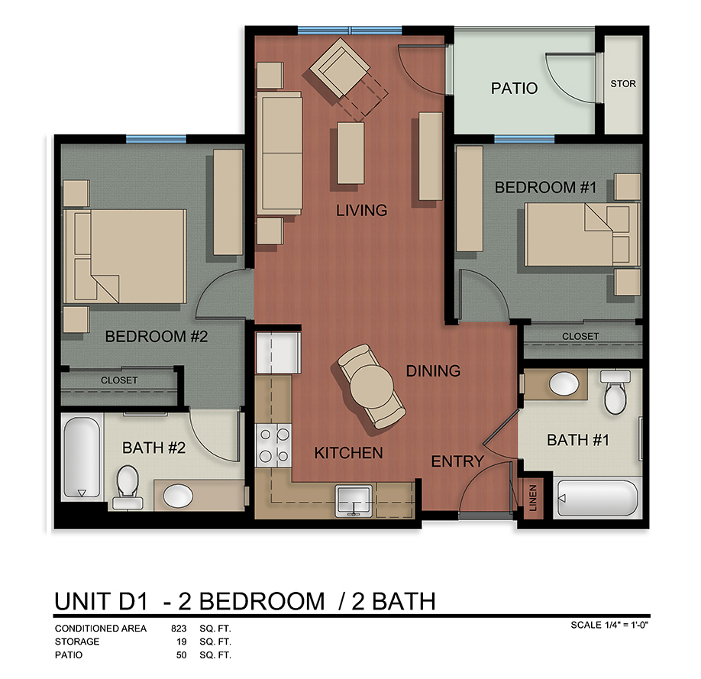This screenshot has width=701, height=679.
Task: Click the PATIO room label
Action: click(514, 88)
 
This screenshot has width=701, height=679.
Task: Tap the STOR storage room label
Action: click(622, 83)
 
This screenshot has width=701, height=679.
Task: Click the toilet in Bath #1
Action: click(614, 392)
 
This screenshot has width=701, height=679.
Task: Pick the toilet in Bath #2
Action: click(126, 487)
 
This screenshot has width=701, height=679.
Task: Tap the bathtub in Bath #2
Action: click(80, 458)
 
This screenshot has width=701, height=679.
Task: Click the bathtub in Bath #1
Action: click(598, 499)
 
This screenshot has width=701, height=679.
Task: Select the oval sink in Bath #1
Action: click(566, 384)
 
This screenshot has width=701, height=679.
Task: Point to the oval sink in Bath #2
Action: click(179, 495)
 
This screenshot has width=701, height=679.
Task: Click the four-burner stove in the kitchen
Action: click(273, 445)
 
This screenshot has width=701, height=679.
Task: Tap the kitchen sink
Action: click(354, 501)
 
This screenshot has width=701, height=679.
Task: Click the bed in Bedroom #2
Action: click(125, 257)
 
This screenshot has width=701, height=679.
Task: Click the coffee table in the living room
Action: click(350, 154)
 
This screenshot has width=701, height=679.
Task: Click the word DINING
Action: click(433, 371)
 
